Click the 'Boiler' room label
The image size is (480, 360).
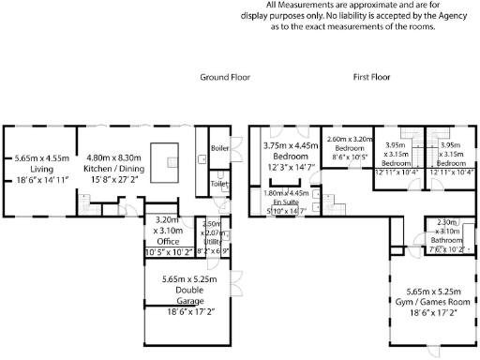pos(220,148)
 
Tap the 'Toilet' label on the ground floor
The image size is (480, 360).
pos(219,184)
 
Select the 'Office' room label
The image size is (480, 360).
pos(169,241)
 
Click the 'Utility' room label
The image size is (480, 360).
pos(212,241)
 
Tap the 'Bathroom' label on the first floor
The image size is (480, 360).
pos(444,240)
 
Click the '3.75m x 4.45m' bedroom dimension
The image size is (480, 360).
pos(291,145)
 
